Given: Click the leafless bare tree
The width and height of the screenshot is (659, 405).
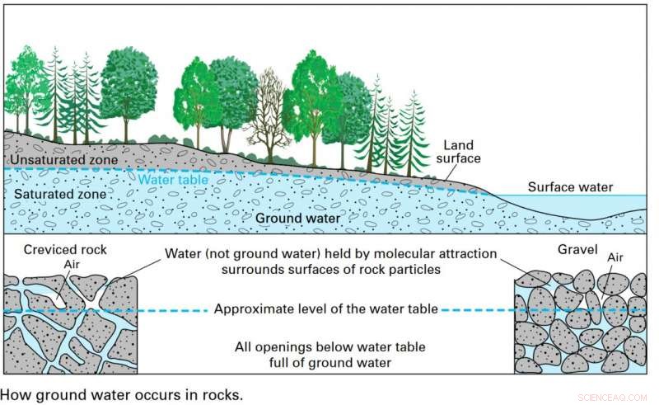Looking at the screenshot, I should [269, 115].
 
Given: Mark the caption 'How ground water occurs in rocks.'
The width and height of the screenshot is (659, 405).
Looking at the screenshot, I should [124, 394].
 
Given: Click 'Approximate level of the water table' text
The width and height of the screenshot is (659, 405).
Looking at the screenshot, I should [325, 310].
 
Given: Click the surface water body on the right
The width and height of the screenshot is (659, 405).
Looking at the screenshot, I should [577, 206].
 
